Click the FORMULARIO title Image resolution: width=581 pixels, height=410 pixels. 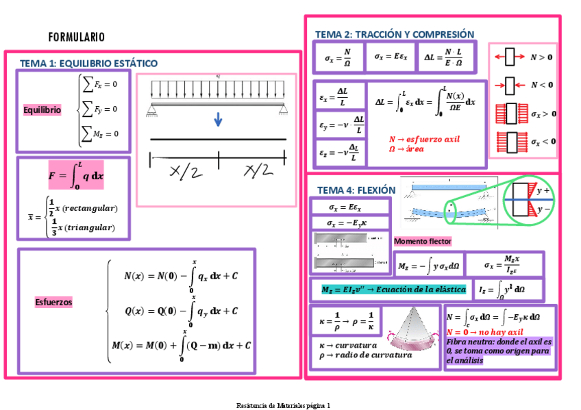pyautogui.click(x=77, y=37)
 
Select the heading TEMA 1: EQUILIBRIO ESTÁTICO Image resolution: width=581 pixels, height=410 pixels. pyautogui.click(x=88, y=63)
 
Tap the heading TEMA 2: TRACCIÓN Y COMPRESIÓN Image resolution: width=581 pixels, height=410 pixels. pyautogui.click(x=395, y=34)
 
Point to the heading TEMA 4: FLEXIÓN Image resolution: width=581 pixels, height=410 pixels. pyautogui.click(x=356, y=190)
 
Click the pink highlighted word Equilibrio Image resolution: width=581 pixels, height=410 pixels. pyautogui.click(x=42, y=110)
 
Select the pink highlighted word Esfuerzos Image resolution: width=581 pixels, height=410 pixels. pyautogui.click(x=54, y=302)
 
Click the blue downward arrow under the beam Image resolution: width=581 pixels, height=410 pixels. pyautogui.click(x=218, y=120)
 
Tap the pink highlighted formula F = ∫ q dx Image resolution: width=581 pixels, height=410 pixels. pyautogui.click(x=76, y=175)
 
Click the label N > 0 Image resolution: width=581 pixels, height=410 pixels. pyautogui.click(x=542, y=57)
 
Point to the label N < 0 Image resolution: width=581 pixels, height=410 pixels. pyautogui.click(x=542, y=85)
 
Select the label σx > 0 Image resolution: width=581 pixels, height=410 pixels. pyautogui.click(x=543, y=114)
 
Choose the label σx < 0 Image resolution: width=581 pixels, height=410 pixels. pyautogui.click(x=543, y=142)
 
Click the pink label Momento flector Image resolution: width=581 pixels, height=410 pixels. pyautogui.click(x=423, y=242)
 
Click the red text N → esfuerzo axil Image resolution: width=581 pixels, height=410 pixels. pyautogui.click(x=424, y=139)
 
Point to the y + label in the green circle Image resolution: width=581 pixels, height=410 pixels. pyautogui.click(x=545, y=190)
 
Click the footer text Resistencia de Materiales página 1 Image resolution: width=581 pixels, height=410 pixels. pyautogui.click(x=283, y=405)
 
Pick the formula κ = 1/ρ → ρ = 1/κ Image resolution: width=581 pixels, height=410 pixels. pyautogui.click(x=347, y=319)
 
